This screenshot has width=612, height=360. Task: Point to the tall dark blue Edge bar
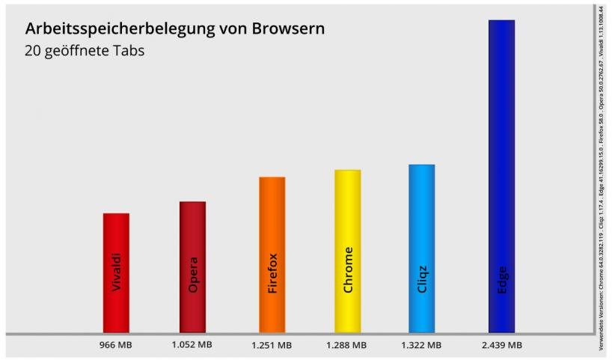tap(501, 150)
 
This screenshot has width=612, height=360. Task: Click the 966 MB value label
tap(116, 345)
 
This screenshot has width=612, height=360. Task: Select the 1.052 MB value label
tap(192, 345)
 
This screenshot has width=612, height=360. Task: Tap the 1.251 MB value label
tap(272, 345)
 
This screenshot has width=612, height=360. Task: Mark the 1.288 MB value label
tap(346, 345)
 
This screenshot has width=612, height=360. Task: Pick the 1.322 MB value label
tap(421, 345)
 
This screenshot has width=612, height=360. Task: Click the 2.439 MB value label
tap(501, 345)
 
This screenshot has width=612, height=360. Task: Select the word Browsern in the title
tap(288, 30)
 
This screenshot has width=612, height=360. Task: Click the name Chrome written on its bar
tap(347, 270)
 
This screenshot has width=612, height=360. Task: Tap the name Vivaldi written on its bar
tap(116, 273)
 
